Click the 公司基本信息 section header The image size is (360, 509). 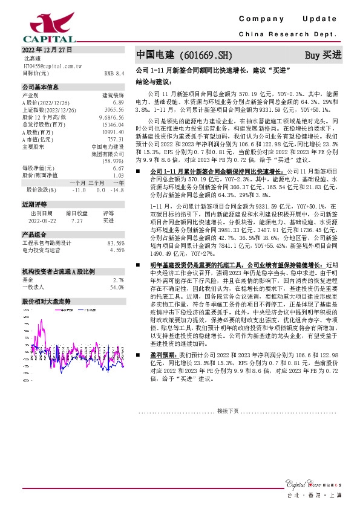click(41, 87)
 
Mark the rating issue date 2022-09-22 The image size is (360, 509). click(41, 221)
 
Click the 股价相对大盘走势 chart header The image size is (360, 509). click(46, 301)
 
